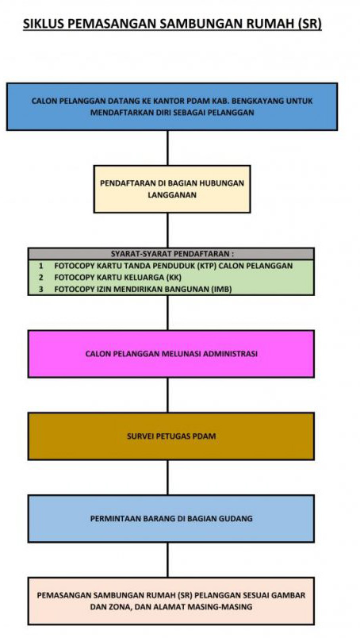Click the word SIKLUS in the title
pyautogui.click(x=43, y=24)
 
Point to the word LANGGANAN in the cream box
pyautogui.click(x=172, y=195)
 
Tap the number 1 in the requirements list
pyautogui.click(x=41, y=266)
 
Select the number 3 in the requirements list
pyautogui.click(x=41, y=290)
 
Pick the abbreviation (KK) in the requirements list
pyautogui.click(x=173, y=278)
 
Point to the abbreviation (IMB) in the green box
pyautogui.click(x=222, y=290)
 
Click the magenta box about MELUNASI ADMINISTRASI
pyautogui.click(x=170, y=354)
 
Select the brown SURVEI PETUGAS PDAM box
pyautogui.click(x=170, y=436)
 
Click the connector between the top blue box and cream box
pyautogui.click(x=167, y=148)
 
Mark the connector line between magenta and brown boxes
pyautogui.click(x=167, y=395)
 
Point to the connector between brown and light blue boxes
pyautogui.click(x=167, y=478)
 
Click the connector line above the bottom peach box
pyautogui.click(x=167, y=560)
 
